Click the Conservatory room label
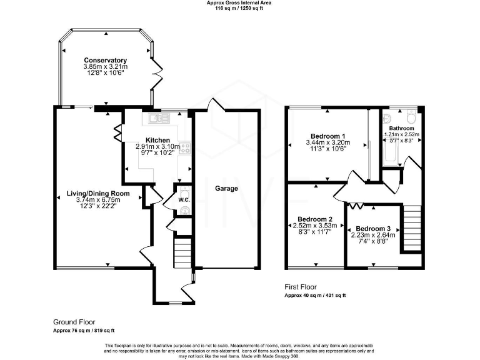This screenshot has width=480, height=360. pyautogui.click(x=105, y=60)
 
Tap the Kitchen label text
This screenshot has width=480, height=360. pyautogui.click(x=157, y=141)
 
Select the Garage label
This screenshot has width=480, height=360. pyautogui.click(x=226, y=188)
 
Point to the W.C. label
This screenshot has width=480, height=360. pyautogui.click(x=184, y=200)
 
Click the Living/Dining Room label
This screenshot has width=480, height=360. pyautogui.click(x=98, y=194)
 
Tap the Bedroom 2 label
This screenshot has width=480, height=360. pyautogui.click(x=315, y=219)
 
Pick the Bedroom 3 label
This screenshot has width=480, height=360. pyautogui.click(x=373, y=229)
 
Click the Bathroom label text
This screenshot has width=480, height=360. pyautogui.click(x=402, y=128)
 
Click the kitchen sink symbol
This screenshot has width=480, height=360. pyautogui.click(x=159, y=118)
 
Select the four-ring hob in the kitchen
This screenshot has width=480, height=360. pyautogui.click(x=185, y=149)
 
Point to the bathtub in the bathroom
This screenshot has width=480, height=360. pyautogui.click(x=390, y=154)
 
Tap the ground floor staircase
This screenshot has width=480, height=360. pyautogui.click(x=182, y=252)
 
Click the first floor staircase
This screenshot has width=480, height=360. pyautogui.click(x=412, y=228)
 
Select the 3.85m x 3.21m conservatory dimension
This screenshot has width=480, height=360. pyautogui.click(x=106, y=67)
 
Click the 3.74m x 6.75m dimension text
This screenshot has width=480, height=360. pyautogui.click(x=98, y=200)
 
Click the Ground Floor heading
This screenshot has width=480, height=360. pyautogui.click(x=74, y=322)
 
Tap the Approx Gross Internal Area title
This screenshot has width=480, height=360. pyautogui.click(x=239, y=2)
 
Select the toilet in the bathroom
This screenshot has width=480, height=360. pyautogui.click(x=411, y=116)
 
